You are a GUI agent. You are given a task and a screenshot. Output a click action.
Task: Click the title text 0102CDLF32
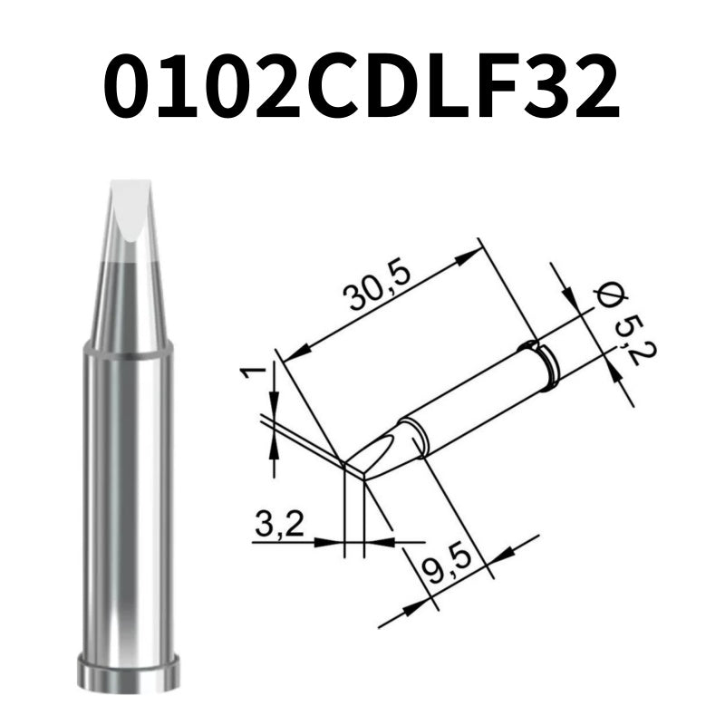pos(362,88)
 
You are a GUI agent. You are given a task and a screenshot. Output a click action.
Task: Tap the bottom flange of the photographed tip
pos(127,675)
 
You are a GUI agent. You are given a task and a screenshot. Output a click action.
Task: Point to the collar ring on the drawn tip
pos(540,363)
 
